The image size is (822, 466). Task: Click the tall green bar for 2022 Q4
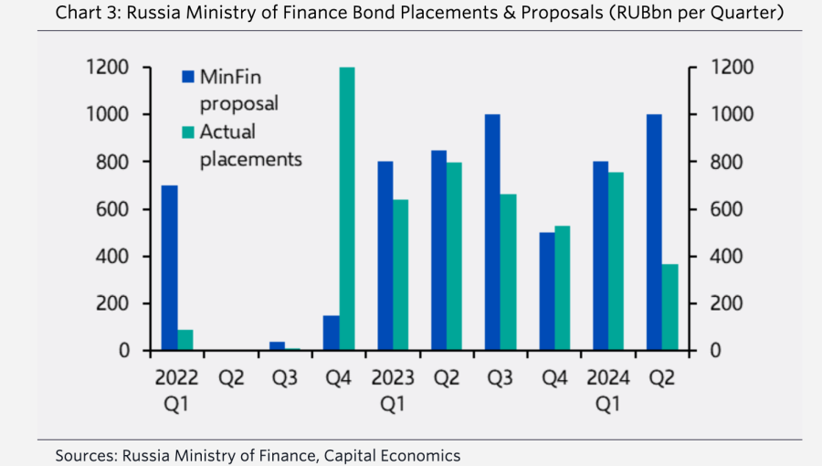coord(347,209)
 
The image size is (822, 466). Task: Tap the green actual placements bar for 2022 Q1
coord(185,340)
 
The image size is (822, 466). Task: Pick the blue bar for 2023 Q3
coord(493,232)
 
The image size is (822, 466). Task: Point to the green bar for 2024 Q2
coord(671,307)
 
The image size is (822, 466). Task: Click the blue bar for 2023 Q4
coord(547,291)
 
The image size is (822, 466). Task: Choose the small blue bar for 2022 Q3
coord(277,346)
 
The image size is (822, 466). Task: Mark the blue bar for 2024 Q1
coord(601,256)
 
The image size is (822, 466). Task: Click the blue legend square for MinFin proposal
coord(188,77)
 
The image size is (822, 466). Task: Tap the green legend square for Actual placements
coord(188,132)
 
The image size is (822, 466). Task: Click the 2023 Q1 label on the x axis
coord(393,389)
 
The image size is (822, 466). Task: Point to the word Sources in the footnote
coord(84,454)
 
